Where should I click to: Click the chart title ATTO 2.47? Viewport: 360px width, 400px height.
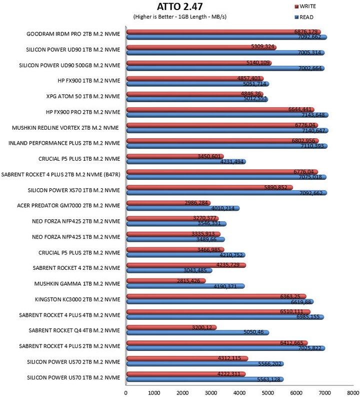pos(179,7)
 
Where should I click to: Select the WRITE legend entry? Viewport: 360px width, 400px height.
pos(305,7)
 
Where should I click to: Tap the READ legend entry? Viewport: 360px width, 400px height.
pos(304,18)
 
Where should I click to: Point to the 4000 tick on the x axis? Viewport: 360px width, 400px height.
pos(239,393)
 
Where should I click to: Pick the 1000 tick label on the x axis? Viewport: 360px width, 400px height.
pos(154,393)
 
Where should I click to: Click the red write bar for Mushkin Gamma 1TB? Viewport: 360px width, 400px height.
pos(166,281)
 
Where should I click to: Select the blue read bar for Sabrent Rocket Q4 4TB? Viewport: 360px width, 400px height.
pos(197,332)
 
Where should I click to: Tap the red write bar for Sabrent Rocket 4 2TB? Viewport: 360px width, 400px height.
pos(186,265)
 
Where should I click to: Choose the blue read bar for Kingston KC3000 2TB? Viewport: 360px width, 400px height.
pos(220,302)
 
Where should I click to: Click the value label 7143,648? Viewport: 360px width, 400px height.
pos(313,115)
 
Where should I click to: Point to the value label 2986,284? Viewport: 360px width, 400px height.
pos(196,203)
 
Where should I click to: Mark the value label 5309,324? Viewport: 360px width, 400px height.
pos(262,47)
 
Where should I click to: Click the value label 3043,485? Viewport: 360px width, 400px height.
pos(195,270)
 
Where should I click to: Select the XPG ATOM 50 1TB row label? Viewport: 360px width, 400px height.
pos(83,97)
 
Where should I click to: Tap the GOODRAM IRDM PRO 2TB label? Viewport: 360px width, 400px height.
pos(73,34)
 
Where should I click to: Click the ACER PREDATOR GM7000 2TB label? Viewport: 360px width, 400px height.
pos(68,206)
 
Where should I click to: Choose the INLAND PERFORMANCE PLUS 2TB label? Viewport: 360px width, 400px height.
pos(64,143)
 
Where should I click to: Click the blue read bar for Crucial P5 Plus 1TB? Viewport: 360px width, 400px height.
pos(186,162)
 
